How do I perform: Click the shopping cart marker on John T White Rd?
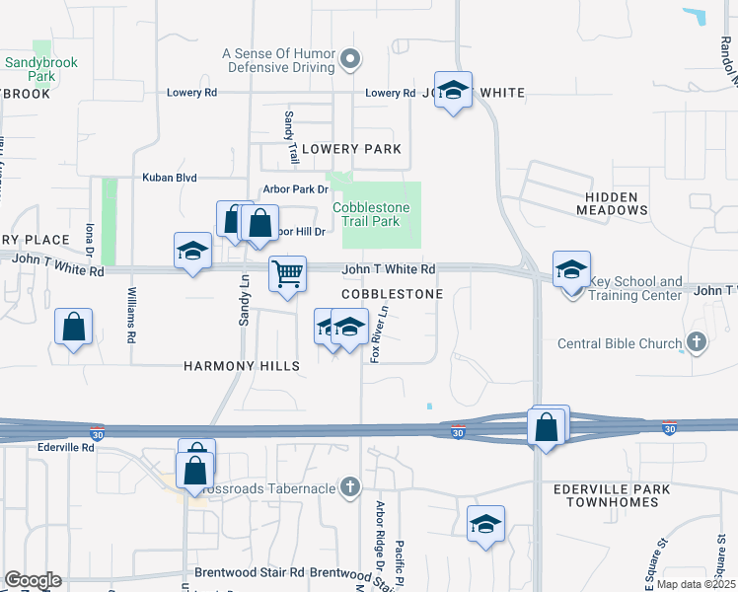tap(287, 273)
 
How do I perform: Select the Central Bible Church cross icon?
tap(697, 343)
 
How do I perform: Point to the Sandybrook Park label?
tap(40, 68)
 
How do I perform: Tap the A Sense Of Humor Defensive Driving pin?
tap(350, 62)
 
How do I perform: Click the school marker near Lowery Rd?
tap(453, 90)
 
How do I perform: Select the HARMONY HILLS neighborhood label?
tap(242, 366)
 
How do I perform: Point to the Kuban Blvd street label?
tap(170, 179)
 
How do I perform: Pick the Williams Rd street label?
tap(131, 315)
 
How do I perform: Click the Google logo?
tap(33, 580)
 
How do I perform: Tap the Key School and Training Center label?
tap(634, 288)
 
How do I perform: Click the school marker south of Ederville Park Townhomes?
tap(485, 523)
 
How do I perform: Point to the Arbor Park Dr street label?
tap(295, 188)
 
